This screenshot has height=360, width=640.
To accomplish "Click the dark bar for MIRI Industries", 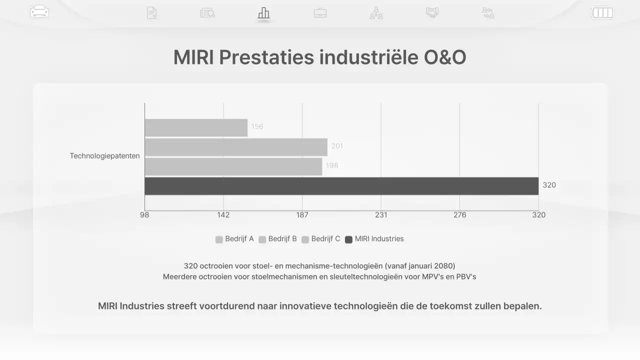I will (x=341, y=186).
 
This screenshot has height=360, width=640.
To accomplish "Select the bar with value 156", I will (x=196, y=127).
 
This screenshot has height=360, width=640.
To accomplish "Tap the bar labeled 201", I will (x=236, y=147).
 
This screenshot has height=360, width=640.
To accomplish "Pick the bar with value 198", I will (x=233, y=166).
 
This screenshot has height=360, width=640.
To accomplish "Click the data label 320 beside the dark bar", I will (x=549, y=185).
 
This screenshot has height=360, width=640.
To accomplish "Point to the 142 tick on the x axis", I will (x=223, y=215).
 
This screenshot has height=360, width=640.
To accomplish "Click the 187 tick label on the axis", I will (x=302, y=215).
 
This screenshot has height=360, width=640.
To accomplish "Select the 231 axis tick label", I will (x=381, y=215).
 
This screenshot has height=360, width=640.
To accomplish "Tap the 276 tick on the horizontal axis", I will (x=459, y=215).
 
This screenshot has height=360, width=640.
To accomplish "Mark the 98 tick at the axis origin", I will (x=144, y=215).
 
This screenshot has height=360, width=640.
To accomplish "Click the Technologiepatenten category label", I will (x=105, y=156).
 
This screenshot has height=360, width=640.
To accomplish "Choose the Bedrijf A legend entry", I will (x=235, y=239).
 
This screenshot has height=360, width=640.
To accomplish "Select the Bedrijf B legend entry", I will (x=278, y=239).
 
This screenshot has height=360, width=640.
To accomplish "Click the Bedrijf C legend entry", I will (x=321, y=239).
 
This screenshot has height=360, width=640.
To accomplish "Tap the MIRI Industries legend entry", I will (x=374, y=239).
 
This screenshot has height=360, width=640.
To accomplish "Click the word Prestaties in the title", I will (x=266, y=57).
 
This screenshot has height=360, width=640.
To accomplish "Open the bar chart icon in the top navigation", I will (x=263, y=13).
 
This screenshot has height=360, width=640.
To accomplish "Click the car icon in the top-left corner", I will (x=39, y=11).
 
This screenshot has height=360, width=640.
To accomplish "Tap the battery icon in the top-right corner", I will (x=602, y=12).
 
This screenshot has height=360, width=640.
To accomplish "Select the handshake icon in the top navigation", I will (x=432, y=12).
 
